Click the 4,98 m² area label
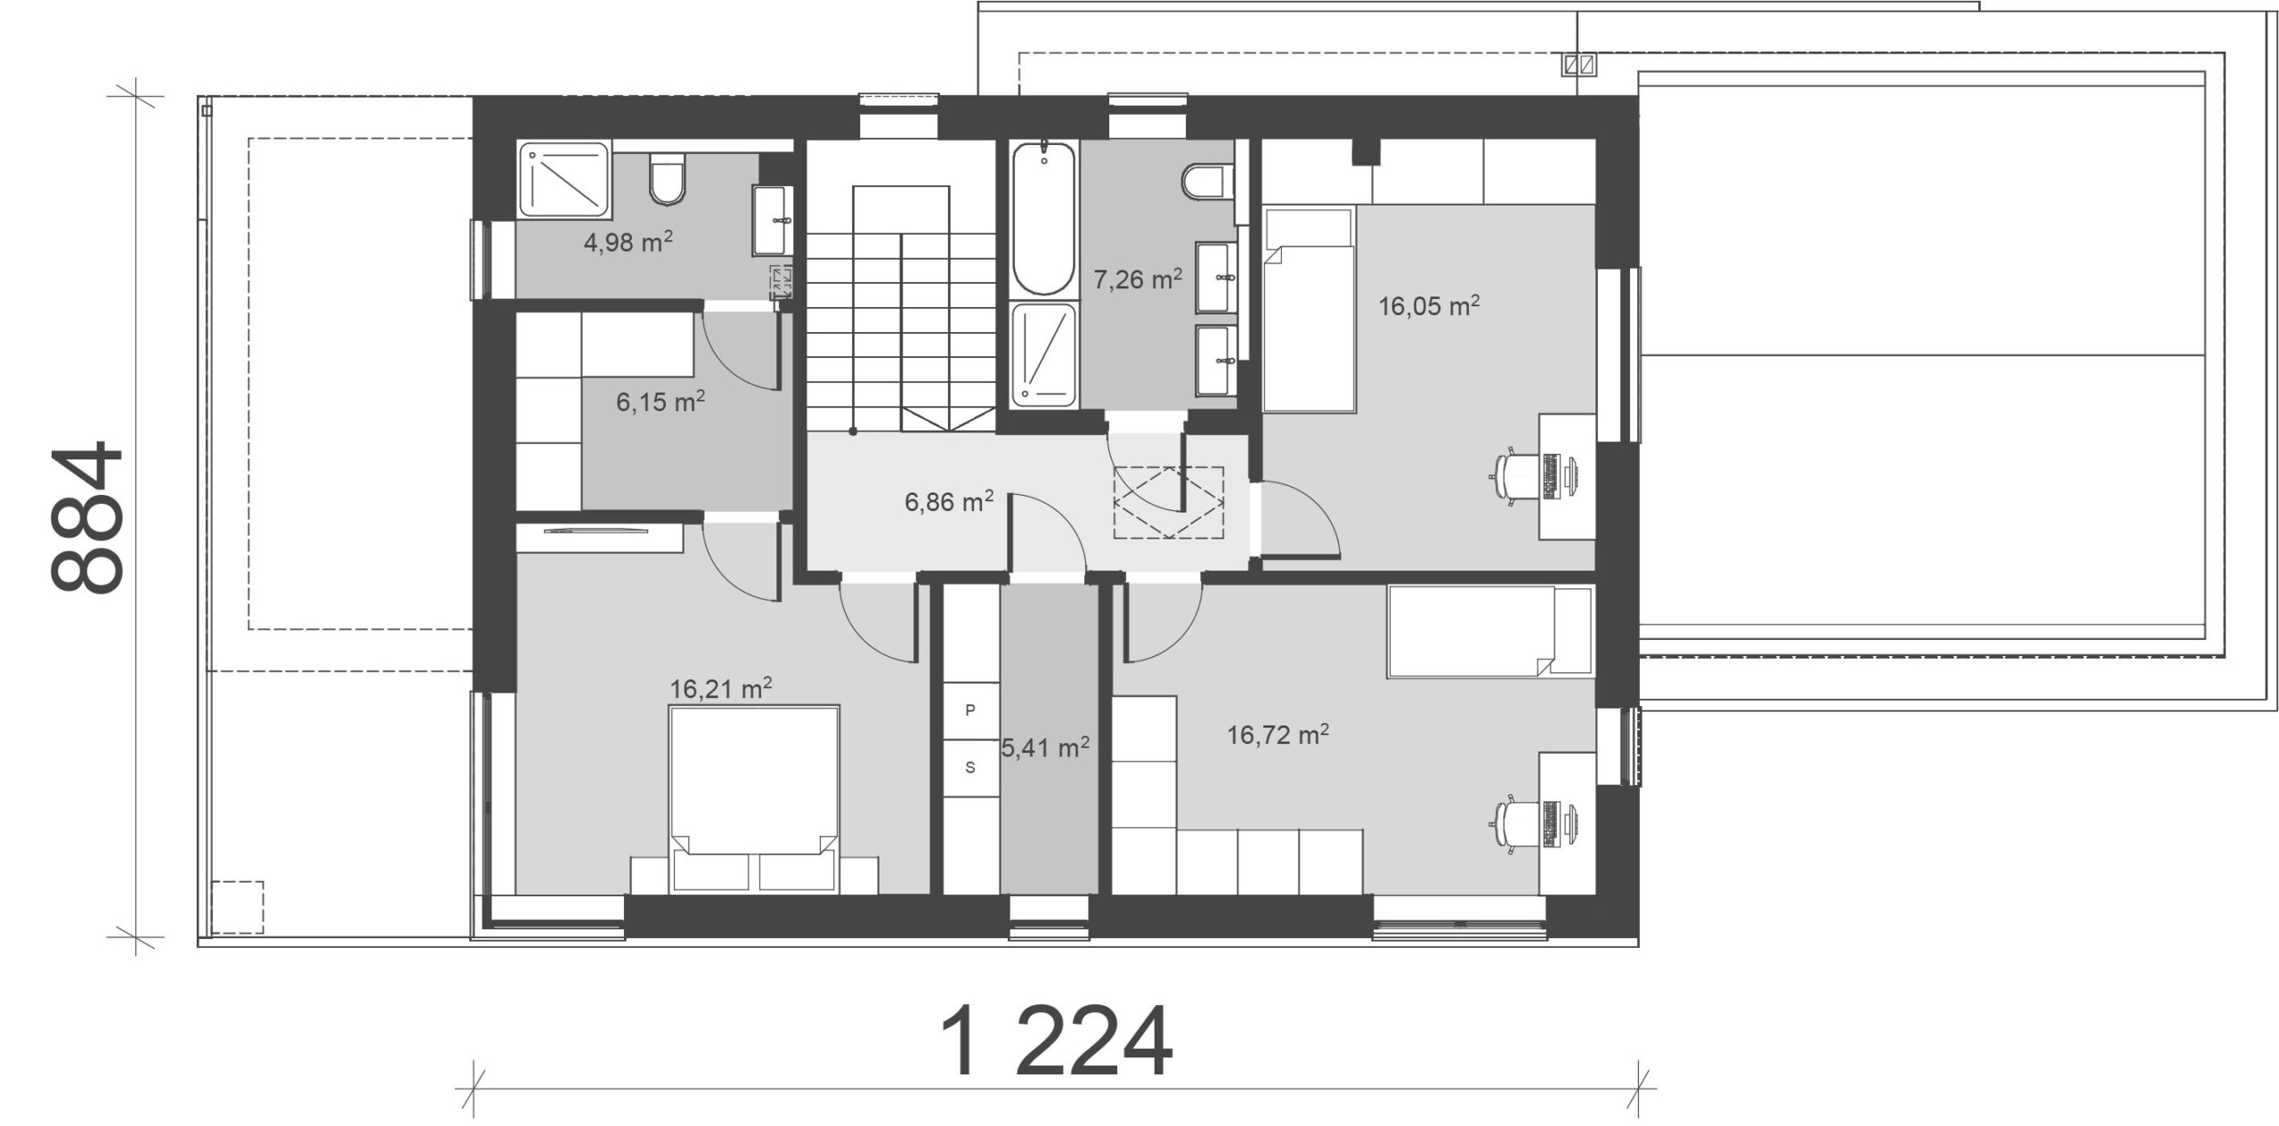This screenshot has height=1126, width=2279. [628, 241]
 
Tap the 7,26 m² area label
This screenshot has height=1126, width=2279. [1138, 279]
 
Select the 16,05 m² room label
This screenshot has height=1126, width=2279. [1429, 306]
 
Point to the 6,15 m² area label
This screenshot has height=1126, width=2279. [661, 401]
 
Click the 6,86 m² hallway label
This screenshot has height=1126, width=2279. [949, 502]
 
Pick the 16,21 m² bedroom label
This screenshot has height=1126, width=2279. [720, 689]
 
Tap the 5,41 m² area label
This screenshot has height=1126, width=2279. [1045, 749]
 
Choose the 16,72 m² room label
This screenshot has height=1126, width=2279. [1278, 735]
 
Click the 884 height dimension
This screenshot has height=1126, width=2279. [86, 516]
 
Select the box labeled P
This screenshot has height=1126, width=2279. [970, 710]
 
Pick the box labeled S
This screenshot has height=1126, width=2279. [970, 767]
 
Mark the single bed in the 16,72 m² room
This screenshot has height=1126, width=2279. [1489, 631]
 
